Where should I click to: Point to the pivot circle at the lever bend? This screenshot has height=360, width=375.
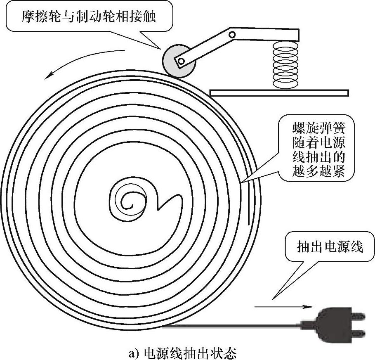pyautogui.click(x=232, y=34)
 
